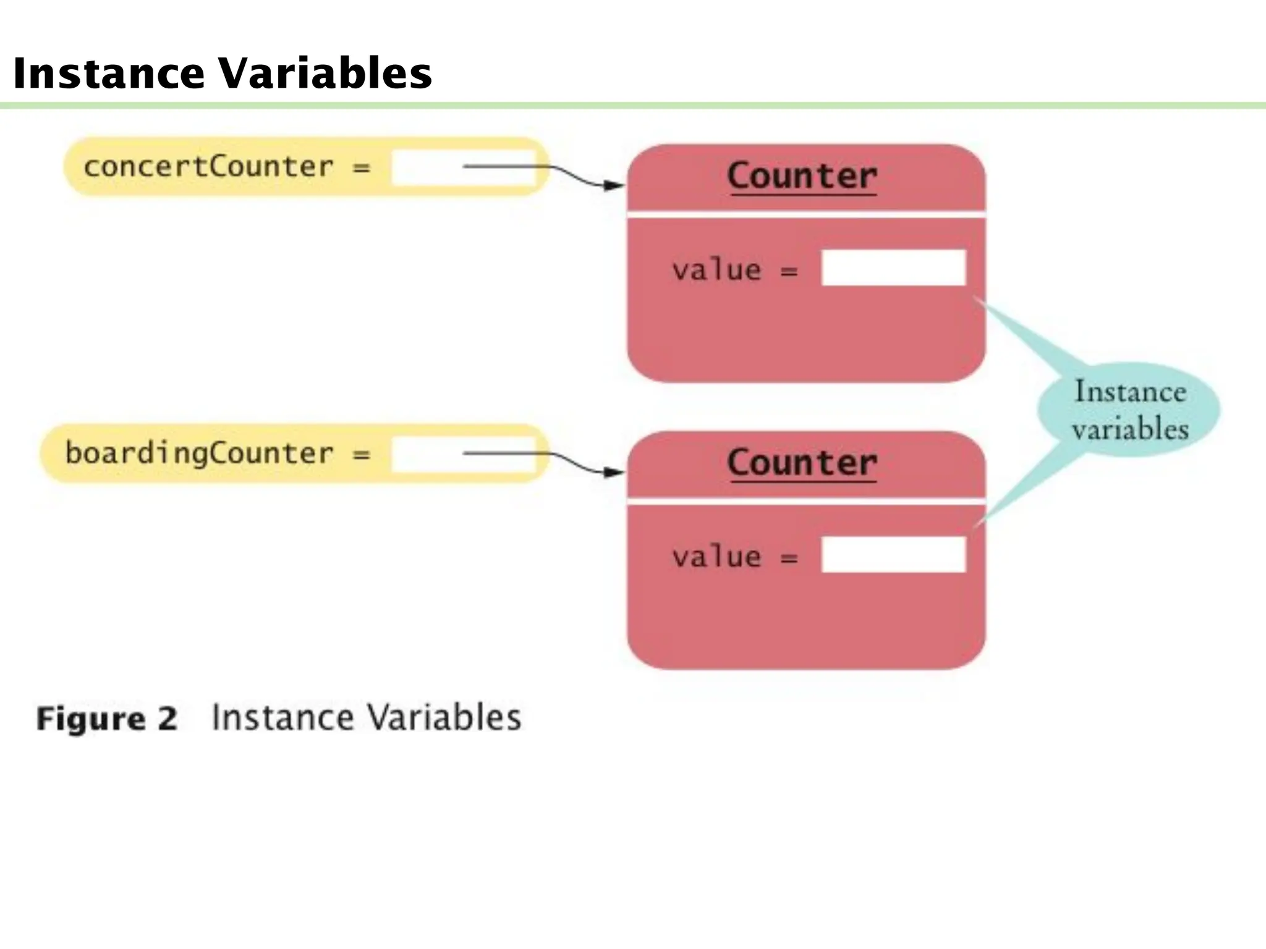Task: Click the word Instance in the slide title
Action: click(x=108, y=74)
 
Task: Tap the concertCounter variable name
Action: click(x=208, y=167)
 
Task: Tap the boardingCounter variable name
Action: click(x=199, y=453)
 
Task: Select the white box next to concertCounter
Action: click(x=427, y=167)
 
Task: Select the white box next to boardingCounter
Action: click(x=427, y=454)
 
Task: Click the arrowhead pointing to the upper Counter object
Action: click(x=614, y=185)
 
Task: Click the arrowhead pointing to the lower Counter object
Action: click(x=614, y=473)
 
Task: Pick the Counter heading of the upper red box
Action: click(x=802, y=176)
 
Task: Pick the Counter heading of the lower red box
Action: click(x=802, y=463)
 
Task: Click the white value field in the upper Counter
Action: click(x=893, y=268)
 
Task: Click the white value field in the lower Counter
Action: click(x=893, y=554)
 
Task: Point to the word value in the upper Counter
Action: click(x=716, y=270)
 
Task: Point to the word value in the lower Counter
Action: click(x=716, y=557)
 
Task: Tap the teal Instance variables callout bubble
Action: click(x=1129, y=410)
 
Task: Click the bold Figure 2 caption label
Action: click(x=107, y=719)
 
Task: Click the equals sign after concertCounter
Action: click(x=362, y=167)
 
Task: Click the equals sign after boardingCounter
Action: click(x=362, y=455)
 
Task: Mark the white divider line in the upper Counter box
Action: click(x=806, y=214)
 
